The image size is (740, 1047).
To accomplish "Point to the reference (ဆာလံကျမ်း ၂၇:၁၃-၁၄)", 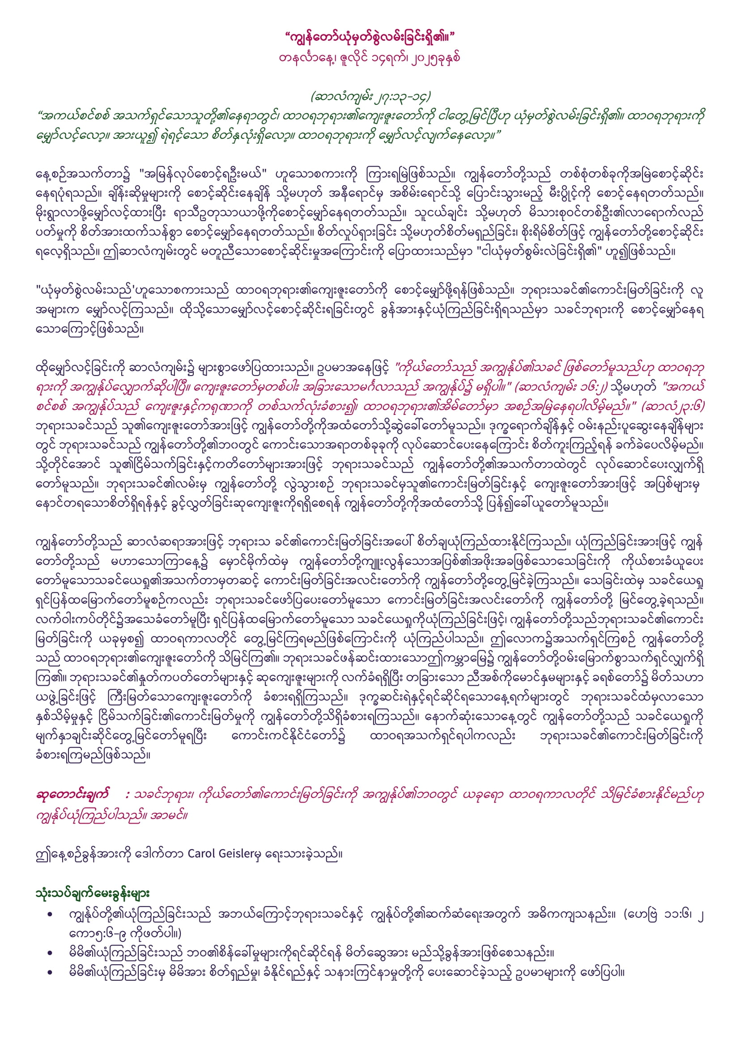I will point(370,97).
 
